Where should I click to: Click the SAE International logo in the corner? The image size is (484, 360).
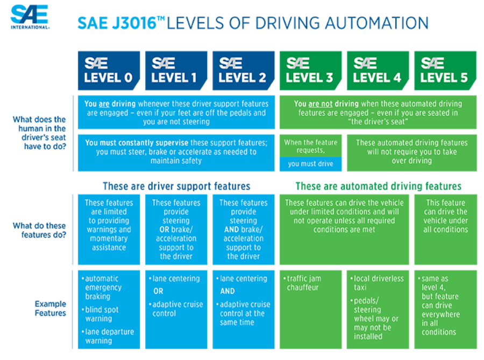(x=30, y=17)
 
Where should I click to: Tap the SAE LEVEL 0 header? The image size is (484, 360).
(x=109, y=70)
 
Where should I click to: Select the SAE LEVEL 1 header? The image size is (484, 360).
(x=176, y=70)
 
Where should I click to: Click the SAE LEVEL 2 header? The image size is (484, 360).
(x=243, y=70)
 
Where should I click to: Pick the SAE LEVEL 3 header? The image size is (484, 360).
(x=310, y=70)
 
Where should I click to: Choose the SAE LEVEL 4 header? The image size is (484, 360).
(x=378, y=70)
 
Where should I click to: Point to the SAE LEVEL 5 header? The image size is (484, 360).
(x=445, y=70)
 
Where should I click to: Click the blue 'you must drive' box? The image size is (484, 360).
(x=310, y=164)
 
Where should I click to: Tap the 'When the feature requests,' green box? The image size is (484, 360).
(x=310, y=146)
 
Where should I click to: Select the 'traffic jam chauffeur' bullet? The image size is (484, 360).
(x=302, y=283)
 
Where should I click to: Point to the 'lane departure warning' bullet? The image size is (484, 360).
(x=108, y=336)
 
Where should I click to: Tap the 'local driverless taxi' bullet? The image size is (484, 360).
(x=377, y=283)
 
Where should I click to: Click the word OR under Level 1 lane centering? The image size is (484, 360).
(x=158, y=291)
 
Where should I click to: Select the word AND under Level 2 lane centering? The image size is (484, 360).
(x=227, y=291)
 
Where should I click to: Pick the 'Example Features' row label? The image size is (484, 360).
(x=51, y=308)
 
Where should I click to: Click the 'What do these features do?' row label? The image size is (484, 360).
(x=39, y=230)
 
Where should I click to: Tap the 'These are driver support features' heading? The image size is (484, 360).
(x=176, y=186)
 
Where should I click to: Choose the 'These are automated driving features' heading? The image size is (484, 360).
(x=379, y=186)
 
